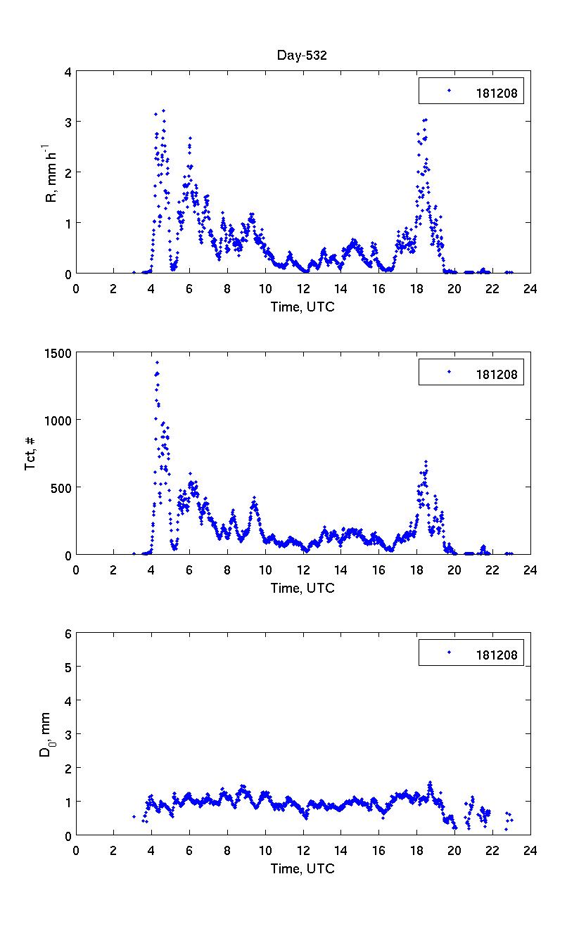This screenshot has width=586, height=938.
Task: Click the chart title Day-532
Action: pos(302,56)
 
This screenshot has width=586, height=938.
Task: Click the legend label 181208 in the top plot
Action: pos(495,91)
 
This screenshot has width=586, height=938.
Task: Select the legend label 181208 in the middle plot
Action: pos(495,374)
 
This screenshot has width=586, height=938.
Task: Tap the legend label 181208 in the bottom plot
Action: pos(495,655)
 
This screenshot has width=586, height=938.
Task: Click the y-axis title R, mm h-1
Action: pos(51,172)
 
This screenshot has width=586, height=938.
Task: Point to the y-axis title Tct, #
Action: pos(31,454)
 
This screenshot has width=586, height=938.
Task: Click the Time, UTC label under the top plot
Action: pos(302,307)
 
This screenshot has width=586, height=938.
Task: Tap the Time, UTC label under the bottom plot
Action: pos(302,869)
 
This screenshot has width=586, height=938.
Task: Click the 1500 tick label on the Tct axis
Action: pos(58,353)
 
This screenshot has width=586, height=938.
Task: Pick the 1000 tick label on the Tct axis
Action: pos(58,420)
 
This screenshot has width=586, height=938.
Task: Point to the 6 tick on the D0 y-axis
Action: pos(68,634)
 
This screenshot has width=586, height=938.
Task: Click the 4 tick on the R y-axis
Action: pos(68,72)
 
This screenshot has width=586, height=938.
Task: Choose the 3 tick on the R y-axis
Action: pos(68,122)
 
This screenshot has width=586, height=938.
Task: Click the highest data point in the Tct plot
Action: pos(157,363)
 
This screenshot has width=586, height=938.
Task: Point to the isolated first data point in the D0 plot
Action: pos(134,816)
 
